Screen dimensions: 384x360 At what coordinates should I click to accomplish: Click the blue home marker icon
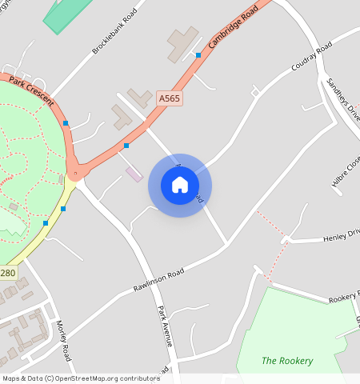pos(180,185)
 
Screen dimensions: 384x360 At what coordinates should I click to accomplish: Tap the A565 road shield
pos(169,98)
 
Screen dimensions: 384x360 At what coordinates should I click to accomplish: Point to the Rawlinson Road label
pos(159,277)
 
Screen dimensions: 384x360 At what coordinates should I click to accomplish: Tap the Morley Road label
pos(64,340)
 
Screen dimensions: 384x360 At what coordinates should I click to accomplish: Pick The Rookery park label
pos(287,360)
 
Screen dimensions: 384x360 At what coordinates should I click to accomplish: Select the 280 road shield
pos(7,273)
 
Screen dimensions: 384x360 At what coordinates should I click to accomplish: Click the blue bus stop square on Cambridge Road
pos(198,54)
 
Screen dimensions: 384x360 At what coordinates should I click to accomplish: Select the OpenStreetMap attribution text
pos(81,378)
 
